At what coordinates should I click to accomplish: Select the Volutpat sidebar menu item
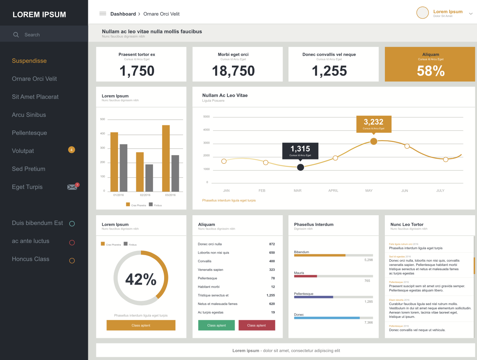[23, 151]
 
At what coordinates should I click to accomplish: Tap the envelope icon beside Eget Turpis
[72, 187]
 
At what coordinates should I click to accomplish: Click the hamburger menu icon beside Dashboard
[103, 14]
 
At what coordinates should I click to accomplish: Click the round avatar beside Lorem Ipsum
[422, 13]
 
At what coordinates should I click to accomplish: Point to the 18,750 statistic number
[233, 71]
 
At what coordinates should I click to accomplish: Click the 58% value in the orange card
[431, 71]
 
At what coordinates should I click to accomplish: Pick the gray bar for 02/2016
[149, 178]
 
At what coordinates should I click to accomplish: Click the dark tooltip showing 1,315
[300, 150]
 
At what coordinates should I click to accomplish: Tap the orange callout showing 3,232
[374, 124]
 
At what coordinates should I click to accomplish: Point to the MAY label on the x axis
[369, 190]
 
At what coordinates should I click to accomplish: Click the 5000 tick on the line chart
[206, 117]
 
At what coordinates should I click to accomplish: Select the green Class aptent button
[216, 325]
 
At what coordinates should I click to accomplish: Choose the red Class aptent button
[257, 325]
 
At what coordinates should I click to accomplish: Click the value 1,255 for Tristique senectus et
[271, 295]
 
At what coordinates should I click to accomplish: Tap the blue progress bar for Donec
[327, 318]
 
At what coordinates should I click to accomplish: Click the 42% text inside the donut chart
[141, 279]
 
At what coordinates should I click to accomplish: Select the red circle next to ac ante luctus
[72, 243]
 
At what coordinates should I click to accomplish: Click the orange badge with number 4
[72, 150]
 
